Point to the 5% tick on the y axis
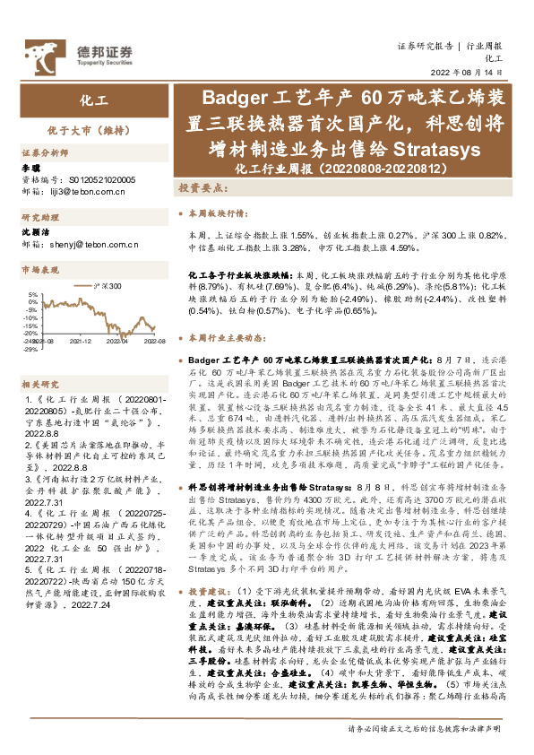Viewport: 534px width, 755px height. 33,294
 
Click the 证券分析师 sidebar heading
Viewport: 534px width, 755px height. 44,154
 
